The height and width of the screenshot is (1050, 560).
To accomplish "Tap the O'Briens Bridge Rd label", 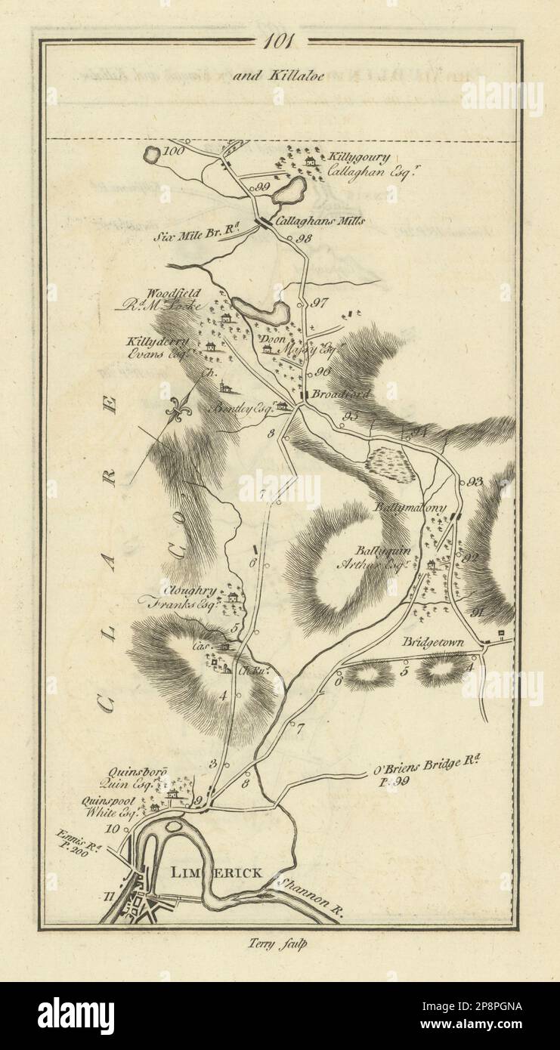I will click(x=427, y=763).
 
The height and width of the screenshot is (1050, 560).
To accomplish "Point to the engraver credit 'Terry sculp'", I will click(x=280, y=942).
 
